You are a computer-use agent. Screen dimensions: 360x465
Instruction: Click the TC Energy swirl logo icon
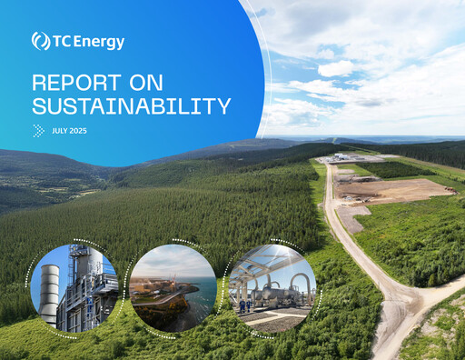[40, 41]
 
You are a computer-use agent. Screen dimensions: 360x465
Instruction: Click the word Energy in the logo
[101, 42]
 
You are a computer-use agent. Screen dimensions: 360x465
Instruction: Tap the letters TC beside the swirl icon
[64, 42]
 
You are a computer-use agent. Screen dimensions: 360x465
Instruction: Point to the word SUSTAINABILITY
[131, 106]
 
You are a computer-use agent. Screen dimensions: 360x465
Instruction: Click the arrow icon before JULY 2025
[39, 130]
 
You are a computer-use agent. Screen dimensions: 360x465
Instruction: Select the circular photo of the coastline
[173, 287]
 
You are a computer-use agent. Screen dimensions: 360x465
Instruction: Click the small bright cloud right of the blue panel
[336, 68]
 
